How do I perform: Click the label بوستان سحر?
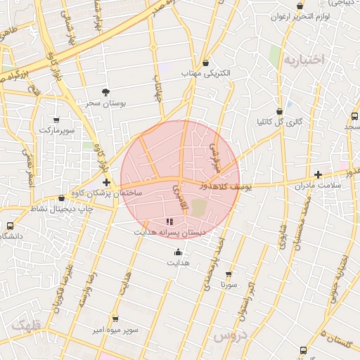pos(105,103)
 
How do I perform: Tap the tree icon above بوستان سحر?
pos(105,91)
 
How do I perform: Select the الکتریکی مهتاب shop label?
pos(205,73)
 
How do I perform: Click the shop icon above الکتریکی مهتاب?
pos(205,63)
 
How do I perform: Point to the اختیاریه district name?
pos(304,60)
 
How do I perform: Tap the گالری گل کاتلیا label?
pos(279,122)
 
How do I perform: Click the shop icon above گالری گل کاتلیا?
pos(279,111)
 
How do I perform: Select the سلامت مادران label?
pos(319,185)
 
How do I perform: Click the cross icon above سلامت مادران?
pos(319,174)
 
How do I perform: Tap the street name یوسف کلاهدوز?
pos(224,186)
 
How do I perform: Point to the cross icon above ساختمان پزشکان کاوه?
pos(106,183)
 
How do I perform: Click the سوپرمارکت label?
pos(56,131)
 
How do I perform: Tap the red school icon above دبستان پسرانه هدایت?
pos(169,221)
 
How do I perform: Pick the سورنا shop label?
pos(228,285)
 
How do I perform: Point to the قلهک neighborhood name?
pos(27,326)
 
